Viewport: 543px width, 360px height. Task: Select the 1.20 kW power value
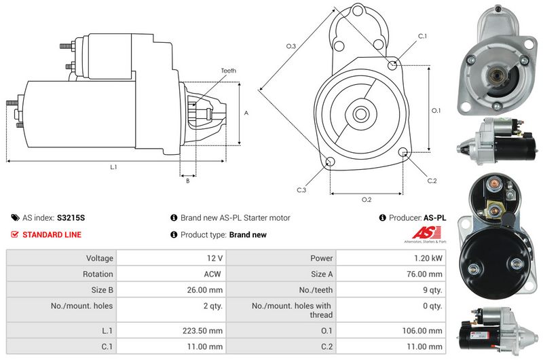click(x=429, y=258)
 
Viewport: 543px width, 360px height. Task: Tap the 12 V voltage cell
click(x=215, y=258)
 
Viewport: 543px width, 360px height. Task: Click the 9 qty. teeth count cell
click(x=431, y=290)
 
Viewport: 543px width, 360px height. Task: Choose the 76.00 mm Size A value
click(x=425, y=274)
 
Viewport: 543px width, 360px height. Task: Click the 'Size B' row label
click(x=99, y=290)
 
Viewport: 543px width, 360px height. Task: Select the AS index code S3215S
click(x=71, y=218)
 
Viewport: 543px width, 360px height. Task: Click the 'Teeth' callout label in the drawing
click(x=228, y=71)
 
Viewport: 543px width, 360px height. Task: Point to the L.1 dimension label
click(x=113, y=167)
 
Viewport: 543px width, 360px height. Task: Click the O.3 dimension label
click(x=291, y=46)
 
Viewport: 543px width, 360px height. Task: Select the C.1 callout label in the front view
click(x=422, y=35)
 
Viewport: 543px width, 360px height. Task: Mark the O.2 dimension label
click(x=367, y=200)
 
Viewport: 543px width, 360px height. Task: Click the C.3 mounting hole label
click(x=301, y=190)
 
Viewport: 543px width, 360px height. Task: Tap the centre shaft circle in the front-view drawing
click(x=360, y=113)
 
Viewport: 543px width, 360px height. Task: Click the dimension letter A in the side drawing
click(x=246, y=113)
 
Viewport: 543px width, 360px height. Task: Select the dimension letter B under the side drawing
click(x=187, y=181)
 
